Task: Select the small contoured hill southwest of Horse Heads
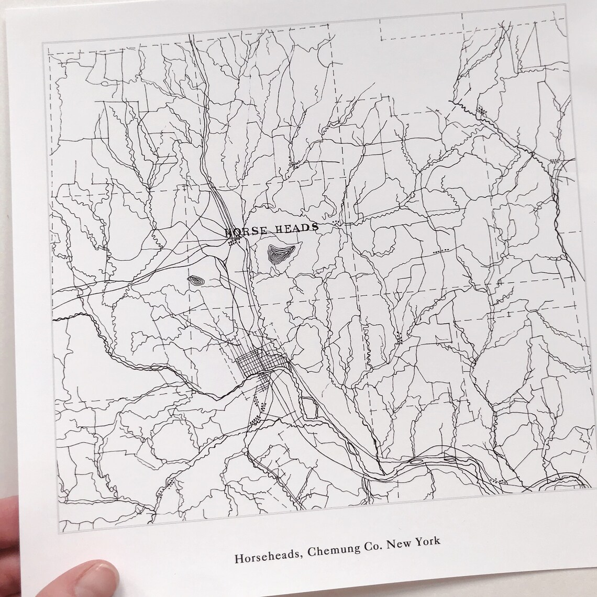(196, 281)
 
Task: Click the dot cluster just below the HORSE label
(234, 242)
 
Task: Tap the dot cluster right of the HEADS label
(336, 224)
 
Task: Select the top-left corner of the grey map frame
(43, 43)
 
